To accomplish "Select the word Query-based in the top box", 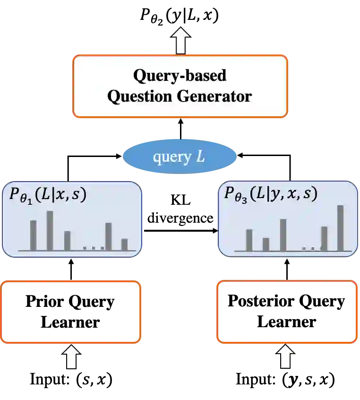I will click(x=180, y=75).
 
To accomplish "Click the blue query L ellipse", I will click(x=180, y=157).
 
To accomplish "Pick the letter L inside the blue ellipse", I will click(x=200, y=157).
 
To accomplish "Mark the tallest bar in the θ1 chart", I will click(x=50, y=230).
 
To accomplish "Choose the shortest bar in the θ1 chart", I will click(x=124, y=244).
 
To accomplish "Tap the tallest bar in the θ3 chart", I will click(x=340, y=227).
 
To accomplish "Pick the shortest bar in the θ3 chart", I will click(x=266, y=244).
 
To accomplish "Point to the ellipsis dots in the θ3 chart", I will click(x=310, y=247).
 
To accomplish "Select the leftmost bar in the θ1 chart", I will click(x=33, y=235).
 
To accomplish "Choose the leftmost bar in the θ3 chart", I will click(x=249, y=240).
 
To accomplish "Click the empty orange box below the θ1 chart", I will click(x=71, y=312).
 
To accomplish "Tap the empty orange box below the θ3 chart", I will click(x=287, y=312).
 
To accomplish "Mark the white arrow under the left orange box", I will click(x=71, y=357).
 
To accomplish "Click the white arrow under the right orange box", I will click(x=285, y=357).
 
